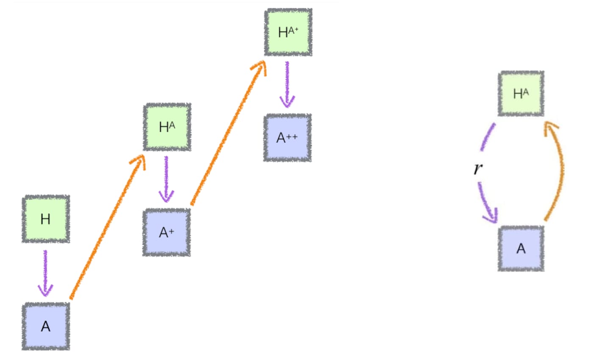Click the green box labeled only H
click(46, 219)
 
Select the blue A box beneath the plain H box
click(46, 326)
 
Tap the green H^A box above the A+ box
click(167, 127)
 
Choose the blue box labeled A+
click(166, 232)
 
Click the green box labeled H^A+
click(288, 32)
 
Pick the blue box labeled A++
click(287, 138)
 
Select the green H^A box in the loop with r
click(521, 94)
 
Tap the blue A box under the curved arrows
click(521, 249)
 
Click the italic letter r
click(478, 168)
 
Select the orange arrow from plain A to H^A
click(106, 229)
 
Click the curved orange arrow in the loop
click(560, 169)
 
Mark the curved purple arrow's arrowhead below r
click(491, 216)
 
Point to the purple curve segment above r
click(488, 137)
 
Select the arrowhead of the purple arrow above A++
click(287, 102)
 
